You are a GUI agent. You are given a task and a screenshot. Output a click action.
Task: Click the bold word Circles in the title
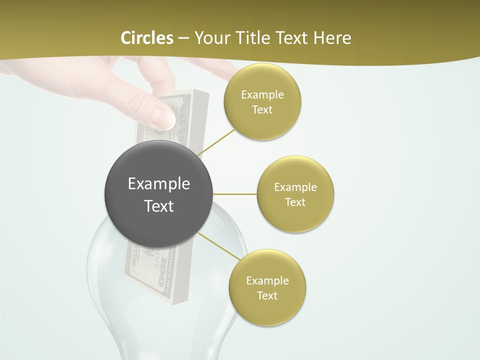tap(146, 38)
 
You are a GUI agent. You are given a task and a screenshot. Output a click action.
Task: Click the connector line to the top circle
tap(216, 142)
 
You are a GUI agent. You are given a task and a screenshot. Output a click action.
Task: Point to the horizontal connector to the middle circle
tap(235, 194)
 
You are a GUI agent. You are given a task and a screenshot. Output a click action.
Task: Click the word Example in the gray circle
tap(159, 183)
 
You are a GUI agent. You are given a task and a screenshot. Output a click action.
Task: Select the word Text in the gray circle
tap(159, 206)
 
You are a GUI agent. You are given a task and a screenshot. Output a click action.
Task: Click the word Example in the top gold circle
tap(262, 94)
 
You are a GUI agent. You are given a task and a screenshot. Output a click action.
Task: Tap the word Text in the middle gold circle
tap(295, 202)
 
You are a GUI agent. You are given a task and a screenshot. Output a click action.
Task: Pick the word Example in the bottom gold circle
tap(267, 280)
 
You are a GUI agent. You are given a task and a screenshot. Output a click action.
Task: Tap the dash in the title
tap(183, 38)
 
